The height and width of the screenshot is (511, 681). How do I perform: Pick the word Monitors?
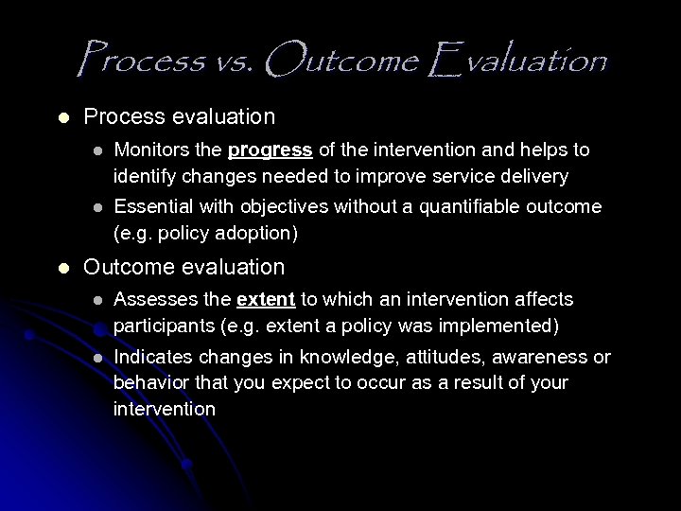pos(149,150)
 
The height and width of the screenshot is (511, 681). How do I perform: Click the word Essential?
pos(151,206)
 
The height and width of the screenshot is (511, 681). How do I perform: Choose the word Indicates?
pos(151,357)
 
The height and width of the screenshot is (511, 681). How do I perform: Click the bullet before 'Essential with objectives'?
pos(94,207)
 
